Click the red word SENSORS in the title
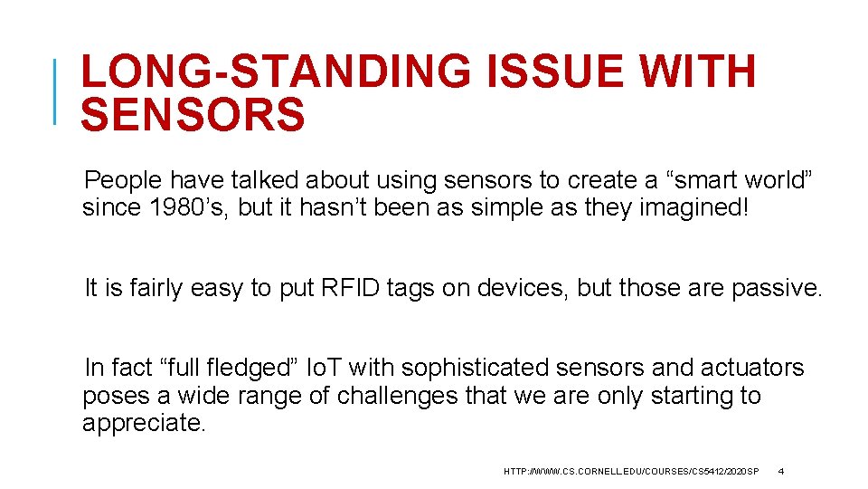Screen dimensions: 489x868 (193, 115)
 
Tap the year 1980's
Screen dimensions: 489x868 (192, 207)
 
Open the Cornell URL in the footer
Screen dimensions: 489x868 (631, 472)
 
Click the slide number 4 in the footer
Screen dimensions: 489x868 (781, 472)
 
